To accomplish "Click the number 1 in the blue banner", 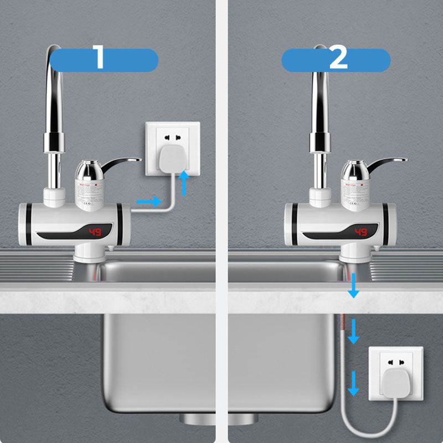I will coord(100,59).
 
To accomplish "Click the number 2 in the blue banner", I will coord(338,59).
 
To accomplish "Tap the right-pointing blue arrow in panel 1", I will coord(148,202).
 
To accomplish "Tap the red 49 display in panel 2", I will coord(360,231).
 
